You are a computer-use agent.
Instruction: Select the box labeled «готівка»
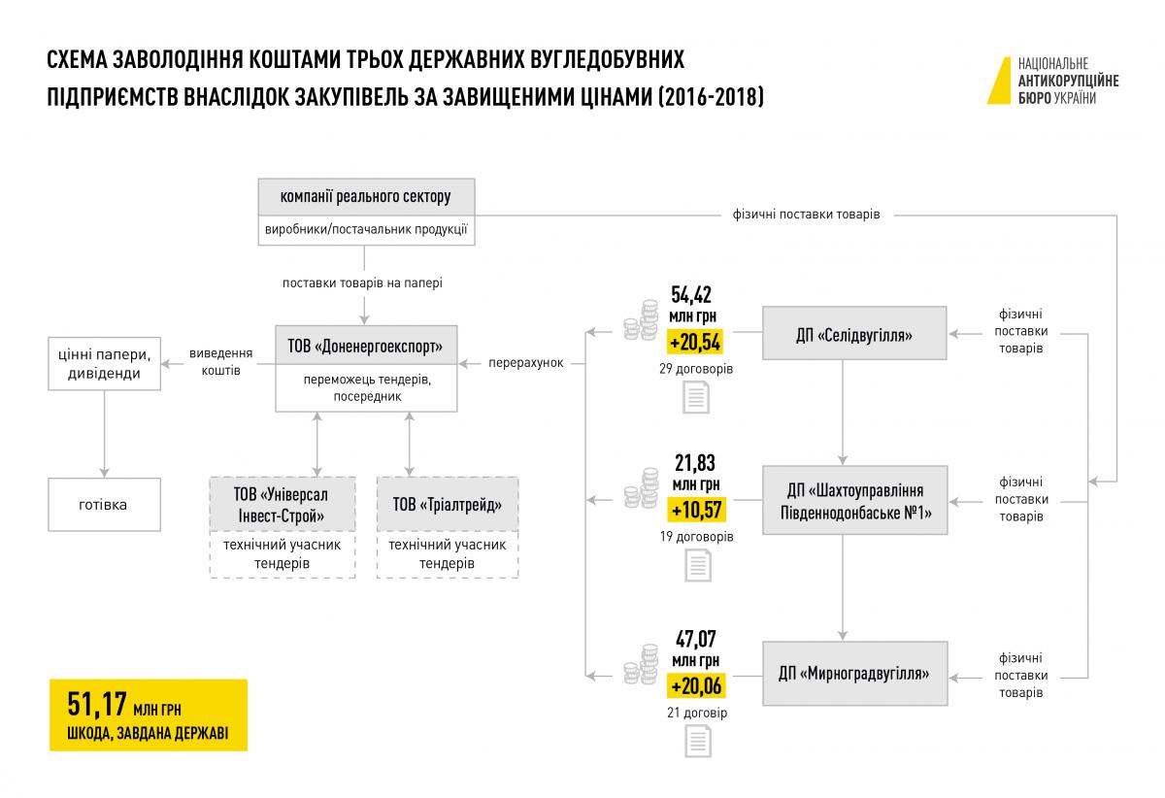[104, 505]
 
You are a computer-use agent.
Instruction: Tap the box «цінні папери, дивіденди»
[104, 364]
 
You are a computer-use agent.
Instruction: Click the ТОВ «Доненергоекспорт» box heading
[366, 346]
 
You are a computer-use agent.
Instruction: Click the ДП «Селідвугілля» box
[854, 333]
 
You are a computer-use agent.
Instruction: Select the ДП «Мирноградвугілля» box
[855, 674]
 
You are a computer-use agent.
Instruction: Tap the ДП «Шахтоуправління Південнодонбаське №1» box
[855, 500]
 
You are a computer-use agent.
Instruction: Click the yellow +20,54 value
[695, 343]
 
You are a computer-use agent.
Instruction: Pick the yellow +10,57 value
[696, 510]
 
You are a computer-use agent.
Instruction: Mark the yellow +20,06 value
[696, 686]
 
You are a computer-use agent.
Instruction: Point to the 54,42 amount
[691, 295]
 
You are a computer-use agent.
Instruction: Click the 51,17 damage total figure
[97, 704]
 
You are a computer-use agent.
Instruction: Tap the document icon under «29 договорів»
[696, 397]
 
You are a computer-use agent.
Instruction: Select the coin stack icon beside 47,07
[642, 664]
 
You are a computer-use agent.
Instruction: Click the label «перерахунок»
[526, 362]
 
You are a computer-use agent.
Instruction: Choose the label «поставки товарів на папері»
[362, 283]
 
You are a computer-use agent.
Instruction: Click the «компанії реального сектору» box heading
[366, 197]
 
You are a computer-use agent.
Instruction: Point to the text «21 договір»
[697, 713]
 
